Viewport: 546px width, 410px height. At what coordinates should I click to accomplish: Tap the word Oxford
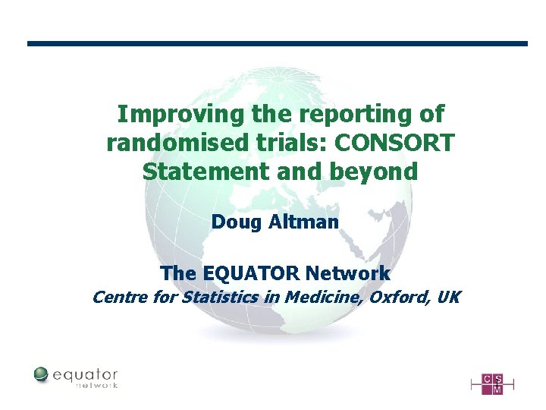coord(399,297)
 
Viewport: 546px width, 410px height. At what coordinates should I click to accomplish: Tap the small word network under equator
coord(96,386)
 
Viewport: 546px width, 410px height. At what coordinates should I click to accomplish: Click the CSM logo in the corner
coord(491,383)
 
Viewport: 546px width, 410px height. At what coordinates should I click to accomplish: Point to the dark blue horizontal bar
coord(277,43)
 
